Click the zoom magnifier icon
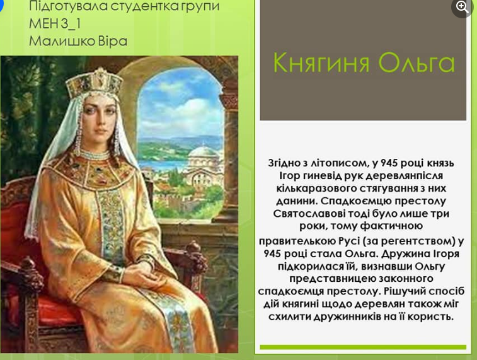pyautogui.click(x=462, y=7)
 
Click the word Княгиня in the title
pyautogui.click(x=321, y=62)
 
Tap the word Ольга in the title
pyautogui.click(x=417, y=62)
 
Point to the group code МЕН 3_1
pyautogui.click(x=55, y=24)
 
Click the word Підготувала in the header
pyautogui.click(x=68, y=7)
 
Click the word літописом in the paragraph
pyautogui.click(x=341, y=163)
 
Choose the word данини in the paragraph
pyautogui.click(x=297, y=201)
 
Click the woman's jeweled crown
pyautogui.click(x=94, y=83)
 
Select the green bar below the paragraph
pyautogui.click(x=363, y=347)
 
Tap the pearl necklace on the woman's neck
pyautogui.click(x=95, y=154)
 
